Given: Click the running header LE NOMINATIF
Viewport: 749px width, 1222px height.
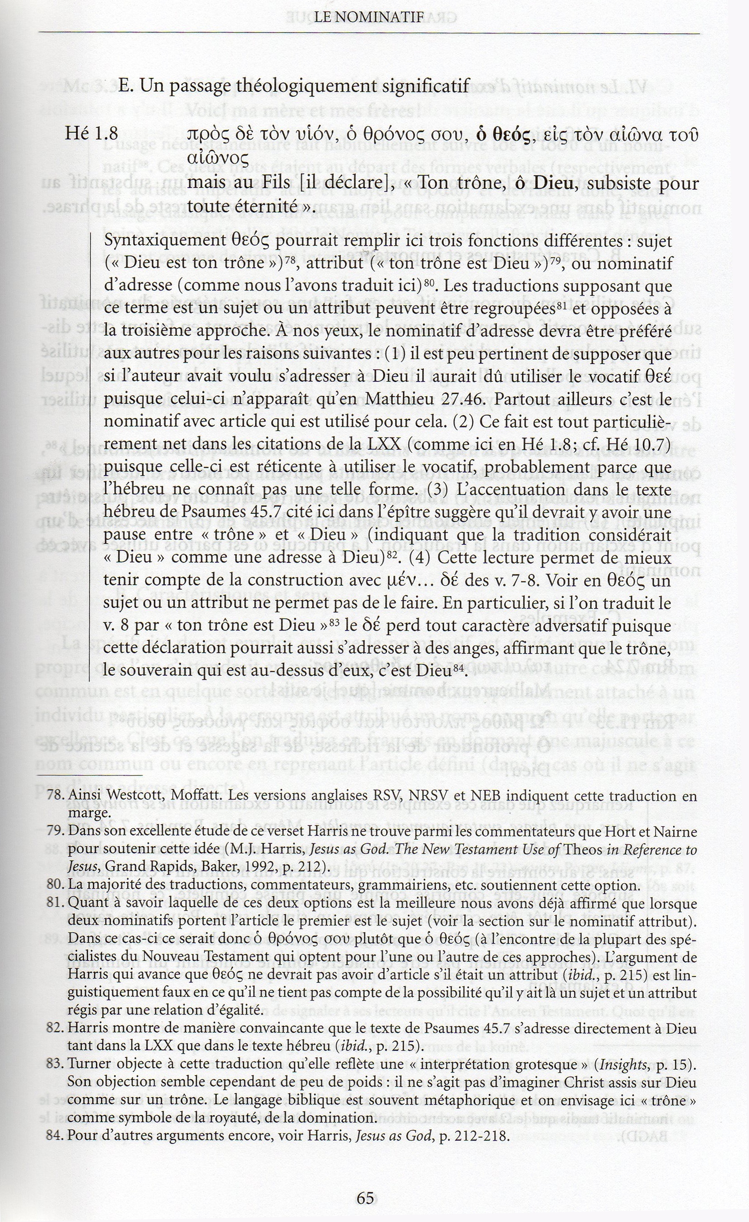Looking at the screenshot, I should (370, 17).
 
